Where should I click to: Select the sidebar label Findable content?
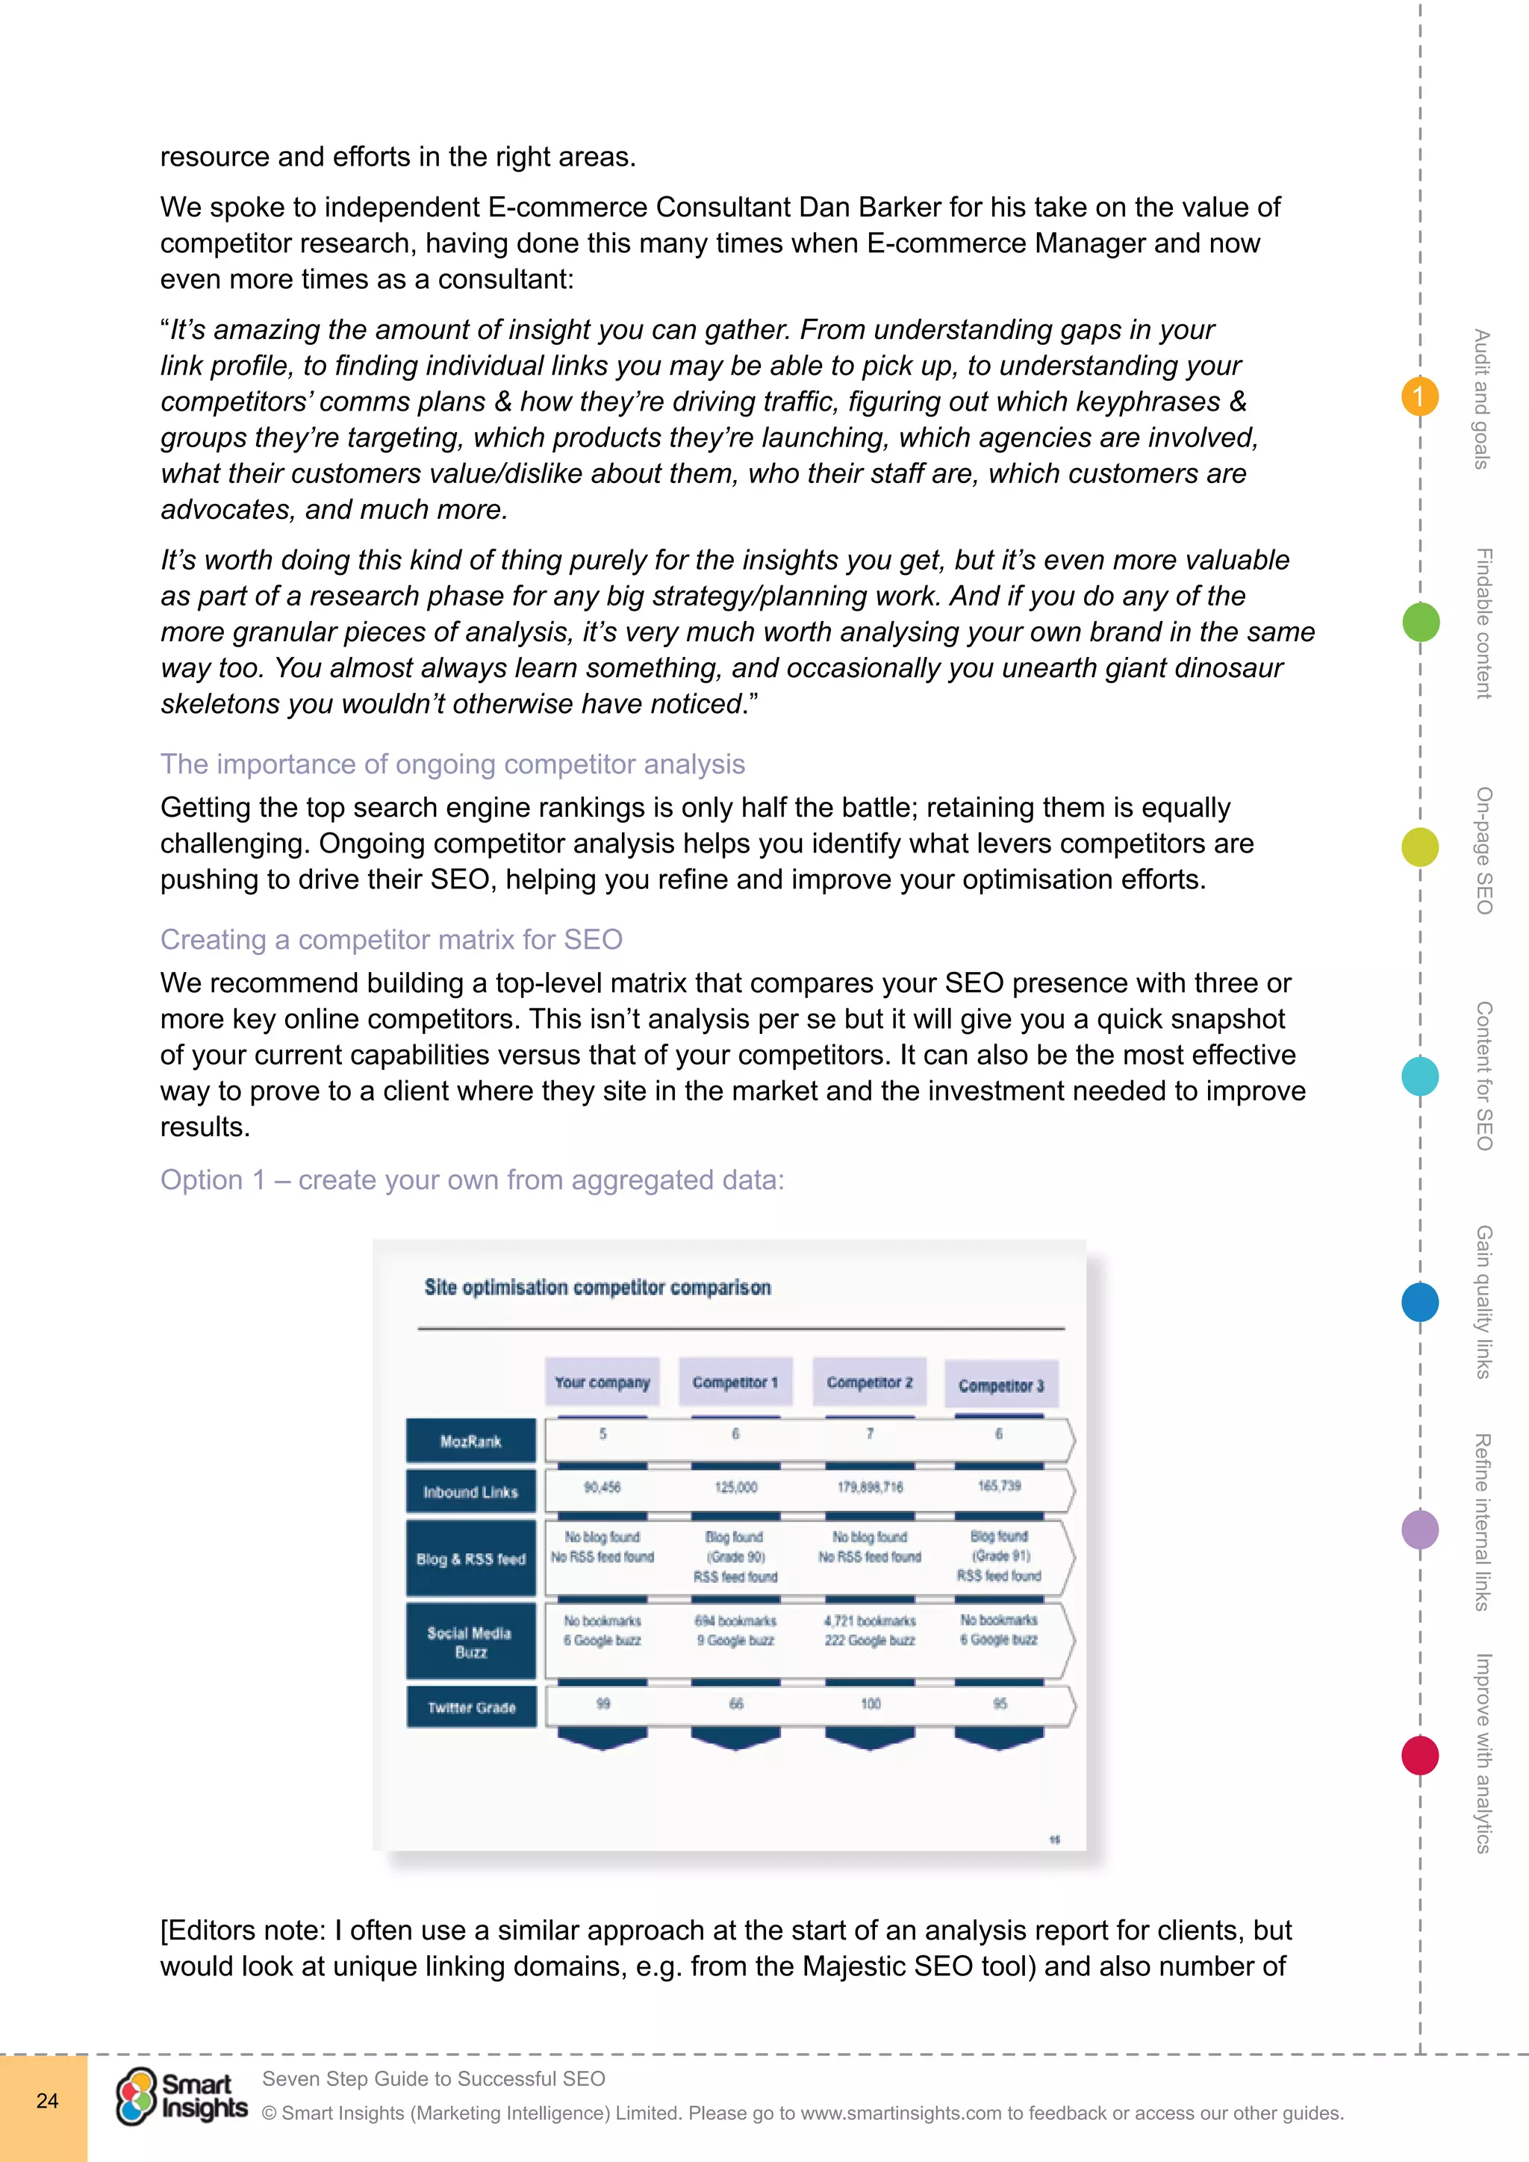[1483, 623]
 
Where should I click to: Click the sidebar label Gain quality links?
[1483, 1301]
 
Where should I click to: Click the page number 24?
[47, 2101]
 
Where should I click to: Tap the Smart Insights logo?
[181, 2097]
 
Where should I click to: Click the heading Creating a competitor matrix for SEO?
[390, 940]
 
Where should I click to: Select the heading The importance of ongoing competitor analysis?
[452, 764]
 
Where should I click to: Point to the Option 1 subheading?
[472, 1180]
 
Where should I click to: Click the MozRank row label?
[471, 1442]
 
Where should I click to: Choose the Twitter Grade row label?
[471, 1708]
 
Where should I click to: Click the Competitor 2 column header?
[869, 1383]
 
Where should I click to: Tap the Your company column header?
[602, 1383]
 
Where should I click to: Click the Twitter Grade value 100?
[870, 1704]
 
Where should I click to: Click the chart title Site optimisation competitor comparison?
[597, 1287]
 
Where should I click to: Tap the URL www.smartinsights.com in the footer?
[901, 2113]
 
